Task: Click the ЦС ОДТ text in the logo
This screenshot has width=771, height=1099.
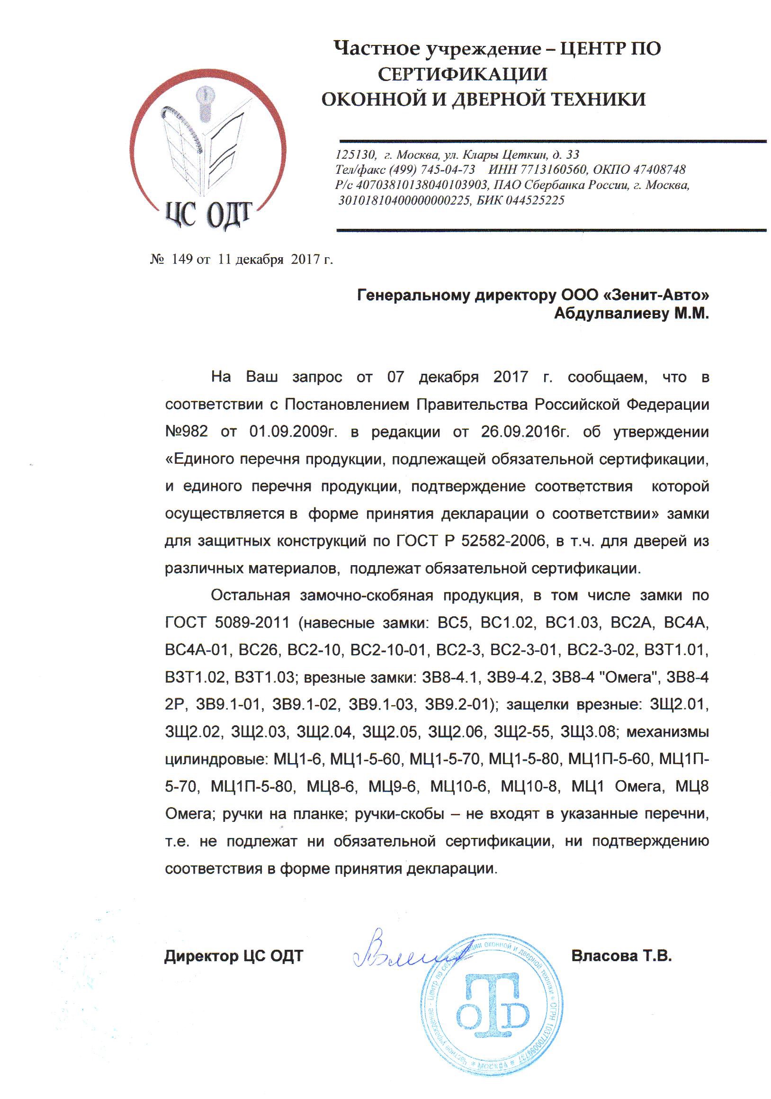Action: point(208,215)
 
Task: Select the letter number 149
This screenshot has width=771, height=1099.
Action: point(182,260)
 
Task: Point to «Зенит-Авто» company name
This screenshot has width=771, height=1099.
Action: point(654,295)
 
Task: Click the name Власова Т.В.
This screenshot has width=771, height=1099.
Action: point(621,955)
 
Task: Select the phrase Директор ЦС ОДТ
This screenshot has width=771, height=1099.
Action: point(233,956)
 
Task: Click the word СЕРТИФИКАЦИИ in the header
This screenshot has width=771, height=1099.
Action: point(462,74)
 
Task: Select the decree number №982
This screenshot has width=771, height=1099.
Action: point(186,431)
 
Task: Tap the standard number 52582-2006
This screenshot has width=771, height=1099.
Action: point(503,540)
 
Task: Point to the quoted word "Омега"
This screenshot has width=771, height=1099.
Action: point(627,677)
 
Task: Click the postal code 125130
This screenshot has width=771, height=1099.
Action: point(354,154)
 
